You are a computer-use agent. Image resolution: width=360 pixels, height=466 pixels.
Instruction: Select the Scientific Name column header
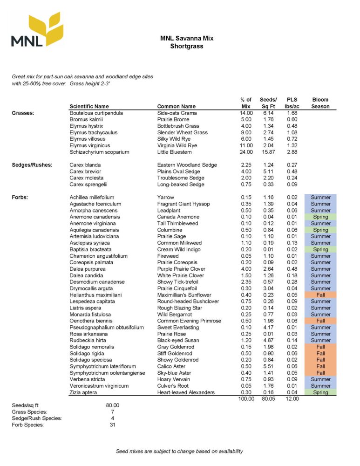(89, 106)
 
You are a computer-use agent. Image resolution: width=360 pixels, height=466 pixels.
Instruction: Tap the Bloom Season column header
(320, 103)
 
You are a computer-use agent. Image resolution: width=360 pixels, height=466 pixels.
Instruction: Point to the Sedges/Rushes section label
(32, 165)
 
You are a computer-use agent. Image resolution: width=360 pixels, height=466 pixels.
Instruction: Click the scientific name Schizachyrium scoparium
(99, 152)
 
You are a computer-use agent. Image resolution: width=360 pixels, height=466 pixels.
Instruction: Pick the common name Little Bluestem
(174, 152)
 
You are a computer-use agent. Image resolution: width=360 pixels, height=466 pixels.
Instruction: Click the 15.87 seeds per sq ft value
(269, 152)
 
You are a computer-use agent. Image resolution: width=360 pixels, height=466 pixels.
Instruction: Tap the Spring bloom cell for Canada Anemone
(320, 217)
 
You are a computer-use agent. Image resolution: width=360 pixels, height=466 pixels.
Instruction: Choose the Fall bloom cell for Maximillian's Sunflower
(320, 295)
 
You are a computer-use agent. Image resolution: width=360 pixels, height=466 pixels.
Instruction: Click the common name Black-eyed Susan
(178, 340)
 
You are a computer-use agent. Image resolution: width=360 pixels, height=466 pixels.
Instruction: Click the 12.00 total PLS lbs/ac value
(292, 399)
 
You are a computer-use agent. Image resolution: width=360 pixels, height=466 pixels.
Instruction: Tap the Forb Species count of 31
(113, 425)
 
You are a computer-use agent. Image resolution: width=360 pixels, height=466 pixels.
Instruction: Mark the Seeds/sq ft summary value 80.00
(113, 405)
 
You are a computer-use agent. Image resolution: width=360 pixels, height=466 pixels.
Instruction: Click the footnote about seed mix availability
(179, 451)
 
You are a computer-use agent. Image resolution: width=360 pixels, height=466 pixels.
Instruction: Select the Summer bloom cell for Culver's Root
(320, 386)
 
